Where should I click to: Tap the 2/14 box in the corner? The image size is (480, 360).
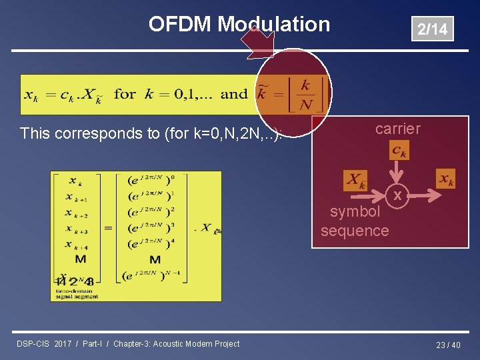tap(432, 29)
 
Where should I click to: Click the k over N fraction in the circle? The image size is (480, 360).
tap(305, 95)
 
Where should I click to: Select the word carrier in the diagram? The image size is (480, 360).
tap(397, 129)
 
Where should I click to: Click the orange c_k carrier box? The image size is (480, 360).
tap(399, 151)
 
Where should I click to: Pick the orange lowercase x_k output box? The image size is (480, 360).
tap(445, 179)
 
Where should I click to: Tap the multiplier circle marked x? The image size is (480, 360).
tap(398, 196)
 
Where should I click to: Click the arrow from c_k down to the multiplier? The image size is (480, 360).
tap(399, 172)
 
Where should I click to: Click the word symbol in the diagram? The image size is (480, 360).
tap(355, 212)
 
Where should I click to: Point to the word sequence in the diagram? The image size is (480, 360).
tap(355, 231)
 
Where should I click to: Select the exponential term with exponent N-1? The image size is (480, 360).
tap(155, 273)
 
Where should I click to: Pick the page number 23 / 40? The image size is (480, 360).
tap(448, 345)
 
